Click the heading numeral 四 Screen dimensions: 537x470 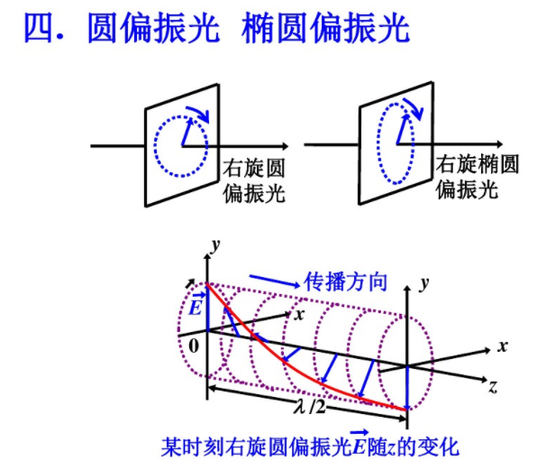coord(39,28)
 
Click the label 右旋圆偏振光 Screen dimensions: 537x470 coord(254,180)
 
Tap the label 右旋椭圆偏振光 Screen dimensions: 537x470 coord(477,177)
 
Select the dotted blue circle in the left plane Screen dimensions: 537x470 coord(154,146)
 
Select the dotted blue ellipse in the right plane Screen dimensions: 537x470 coord(378,143)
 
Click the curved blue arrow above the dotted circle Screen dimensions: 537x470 coord(198,113)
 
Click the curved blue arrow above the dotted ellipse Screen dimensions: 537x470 coord(414,106)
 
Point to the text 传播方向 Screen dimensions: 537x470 coord(346,281)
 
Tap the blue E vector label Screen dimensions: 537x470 coord(196,304)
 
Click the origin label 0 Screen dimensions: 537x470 coord(194,346)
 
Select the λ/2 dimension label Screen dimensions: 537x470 coord(310,407)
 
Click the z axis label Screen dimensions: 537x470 coord(493,387)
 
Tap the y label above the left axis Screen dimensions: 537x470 coord(215,244)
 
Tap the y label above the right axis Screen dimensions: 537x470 coord(424,283)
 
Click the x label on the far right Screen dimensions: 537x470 coord(503,346)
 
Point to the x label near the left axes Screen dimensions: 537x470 coord(299,315)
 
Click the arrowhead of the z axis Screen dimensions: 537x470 coord(484,380)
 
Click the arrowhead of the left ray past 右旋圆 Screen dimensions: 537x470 coord(285,146)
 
